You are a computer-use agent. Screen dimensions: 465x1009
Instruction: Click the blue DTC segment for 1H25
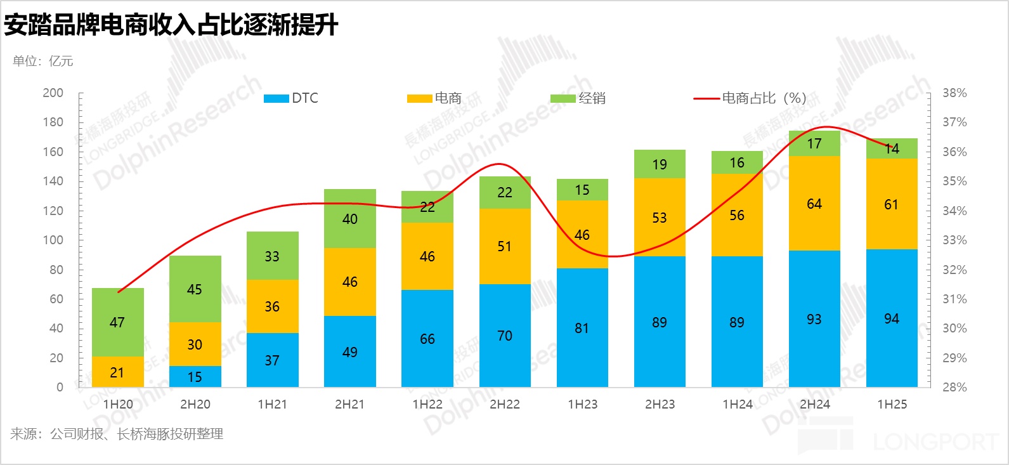pyautogui.click(x=892, y=318)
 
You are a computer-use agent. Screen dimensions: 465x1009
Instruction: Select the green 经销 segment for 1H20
pyautogui.click(x=118, y=322)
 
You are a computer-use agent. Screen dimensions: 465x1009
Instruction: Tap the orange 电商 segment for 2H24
pyautogui.click(x=814, y=204)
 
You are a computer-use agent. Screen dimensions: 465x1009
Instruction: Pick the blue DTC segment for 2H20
pyautogui.click(x=195, y=377)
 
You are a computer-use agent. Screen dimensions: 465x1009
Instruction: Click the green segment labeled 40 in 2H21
pyautogui.click(x=350, y=219)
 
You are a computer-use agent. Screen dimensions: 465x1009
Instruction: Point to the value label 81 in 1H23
pyautogui.click(x=582, y=329)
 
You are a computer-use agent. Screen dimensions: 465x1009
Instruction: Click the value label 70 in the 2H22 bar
pyautogui.click(x=505, y=336)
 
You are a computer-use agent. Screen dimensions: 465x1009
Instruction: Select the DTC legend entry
pyautogui.click(x=291, y=98)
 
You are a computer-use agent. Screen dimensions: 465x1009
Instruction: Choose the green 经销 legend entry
pyautogui.click(x=578, y=98)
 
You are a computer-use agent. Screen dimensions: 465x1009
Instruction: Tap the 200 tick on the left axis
pyautogui.click(x=53, y=93)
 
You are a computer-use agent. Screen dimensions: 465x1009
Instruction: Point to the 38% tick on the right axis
pyautogui.click(x=954, y=93)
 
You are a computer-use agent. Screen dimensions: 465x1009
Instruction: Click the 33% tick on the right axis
pyautogui.click(x=954, y=240)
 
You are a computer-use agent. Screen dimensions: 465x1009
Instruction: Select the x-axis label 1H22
pyautogui.click(x=427, y=405)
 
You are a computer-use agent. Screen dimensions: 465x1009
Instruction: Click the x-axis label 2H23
pyautogui.click(x=660, y=405)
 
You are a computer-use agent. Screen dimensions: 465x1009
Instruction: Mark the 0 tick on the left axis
pyautogui.click(x=60, y=387)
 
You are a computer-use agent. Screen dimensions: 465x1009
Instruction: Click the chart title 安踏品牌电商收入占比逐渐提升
pyautogui.click(x=171, y=25)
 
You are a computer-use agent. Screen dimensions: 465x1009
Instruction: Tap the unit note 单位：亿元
pyautogui.click(x=43, y=61)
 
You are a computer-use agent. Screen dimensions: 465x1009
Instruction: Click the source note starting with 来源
pyautogui.click(x=117, y=435)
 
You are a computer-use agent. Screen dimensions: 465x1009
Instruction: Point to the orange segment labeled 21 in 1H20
pyautogui.click(x=118, y=372)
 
